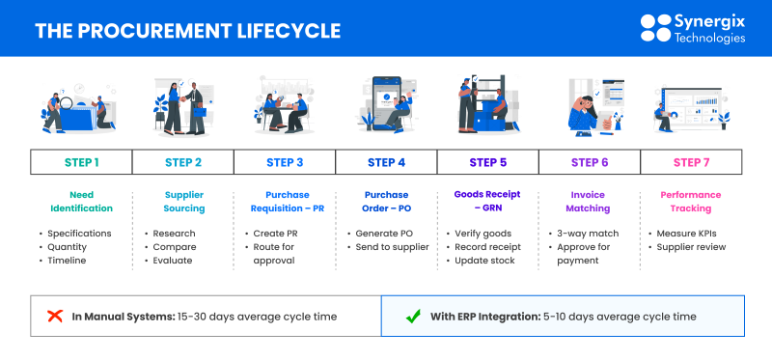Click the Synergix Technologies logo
693,28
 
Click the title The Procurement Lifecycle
187,31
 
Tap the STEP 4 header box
386,162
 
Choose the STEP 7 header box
692,162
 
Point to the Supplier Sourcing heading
183,201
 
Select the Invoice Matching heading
589,201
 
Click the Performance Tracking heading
691,201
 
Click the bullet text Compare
175,246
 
